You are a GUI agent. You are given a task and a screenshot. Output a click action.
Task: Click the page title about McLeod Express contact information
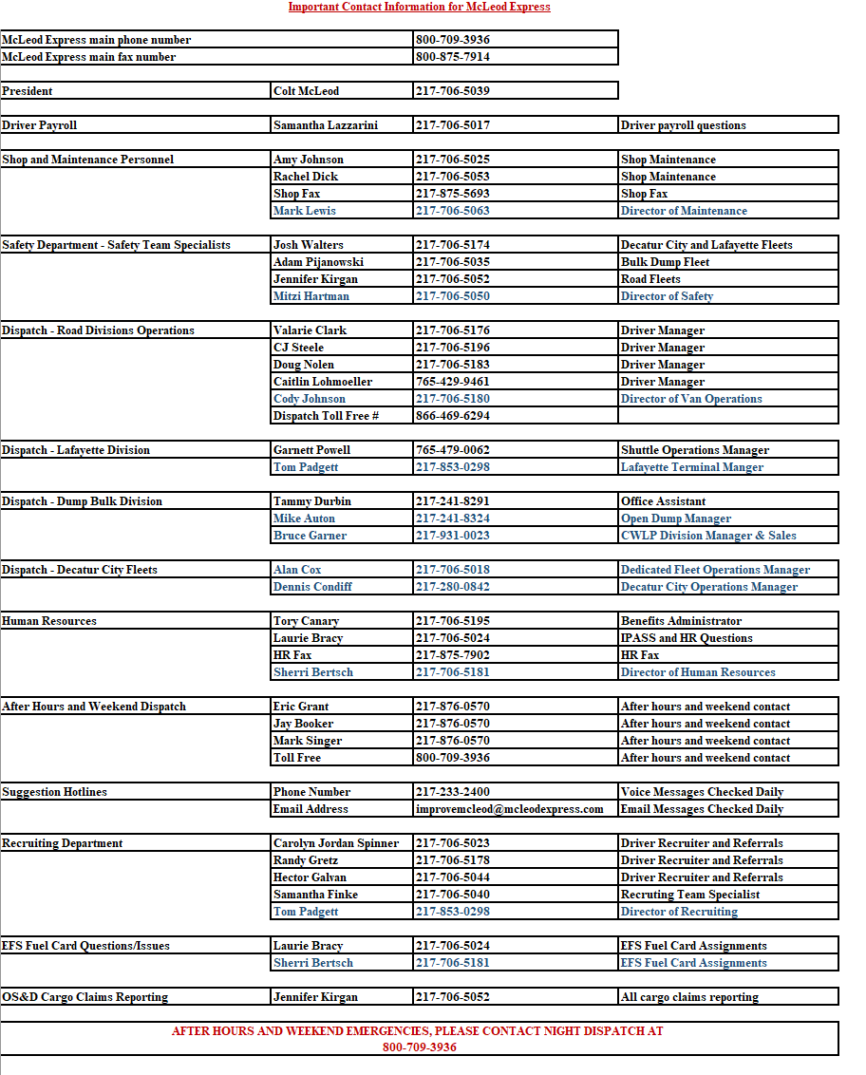[419, 7]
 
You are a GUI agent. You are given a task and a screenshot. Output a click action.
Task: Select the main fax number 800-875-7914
[452, 57]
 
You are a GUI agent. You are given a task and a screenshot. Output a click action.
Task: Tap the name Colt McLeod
[306, 91]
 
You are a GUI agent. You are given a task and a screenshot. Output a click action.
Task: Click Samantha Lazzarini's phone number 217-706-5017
[452, 125]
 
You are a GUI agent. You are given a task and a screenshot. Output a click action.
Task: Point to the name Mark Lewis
[304, 211]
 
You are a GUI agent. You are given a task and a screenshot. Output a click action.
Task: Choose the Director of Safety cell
[667, 296]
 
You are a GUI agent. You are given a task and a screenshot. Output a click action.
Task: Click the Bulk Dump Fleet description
[665, 262]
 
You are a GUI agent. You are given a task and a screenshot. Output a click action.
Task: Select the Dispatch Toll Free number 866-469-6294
[452, 416]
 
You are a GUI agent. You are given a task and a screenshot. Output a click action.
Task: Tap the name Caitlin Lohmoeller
[323, 382]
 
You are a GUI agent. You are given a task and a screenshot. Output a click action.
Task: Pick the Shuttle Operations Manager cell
[695, 450]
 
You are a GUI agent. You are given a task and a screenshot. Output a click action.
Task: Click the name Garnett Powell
[311, 450]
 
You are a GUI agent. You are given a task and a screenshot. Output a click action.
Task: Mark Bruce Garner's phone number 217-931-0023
[452, 536]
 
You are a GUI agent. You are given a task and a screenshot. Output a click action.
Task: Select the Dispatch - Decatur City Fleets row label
[80, 570]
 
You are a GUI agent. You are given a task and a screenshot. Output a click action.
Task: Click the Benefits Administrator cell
[681, 621]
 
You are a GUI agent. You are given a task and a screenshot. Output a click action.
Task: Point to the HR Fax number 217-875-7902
[452, 655]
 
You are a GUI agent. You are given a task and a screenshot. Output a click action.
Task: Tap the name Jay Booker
[303, 724]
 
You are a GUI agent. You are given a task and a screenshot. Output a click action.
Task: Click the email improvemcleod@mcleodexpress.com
[509, 809]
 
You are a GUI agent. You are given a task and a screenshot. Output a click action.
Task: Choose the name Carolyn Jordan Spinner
[336, 843]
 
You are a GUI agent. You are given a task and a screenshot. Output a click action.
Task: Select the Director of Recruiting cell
[679, 912]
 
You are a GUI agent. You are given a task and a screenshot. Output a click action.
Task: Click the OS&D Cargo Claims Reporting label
[85, 997]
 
